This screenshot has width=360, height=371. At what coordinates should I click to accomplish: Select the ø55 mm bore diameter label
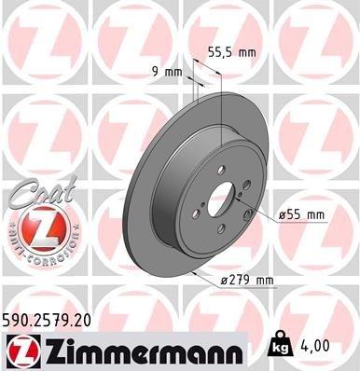click(302, 215)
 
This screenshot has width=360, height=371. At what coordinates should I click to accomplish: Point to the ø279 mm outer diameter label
click(246, 281)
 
